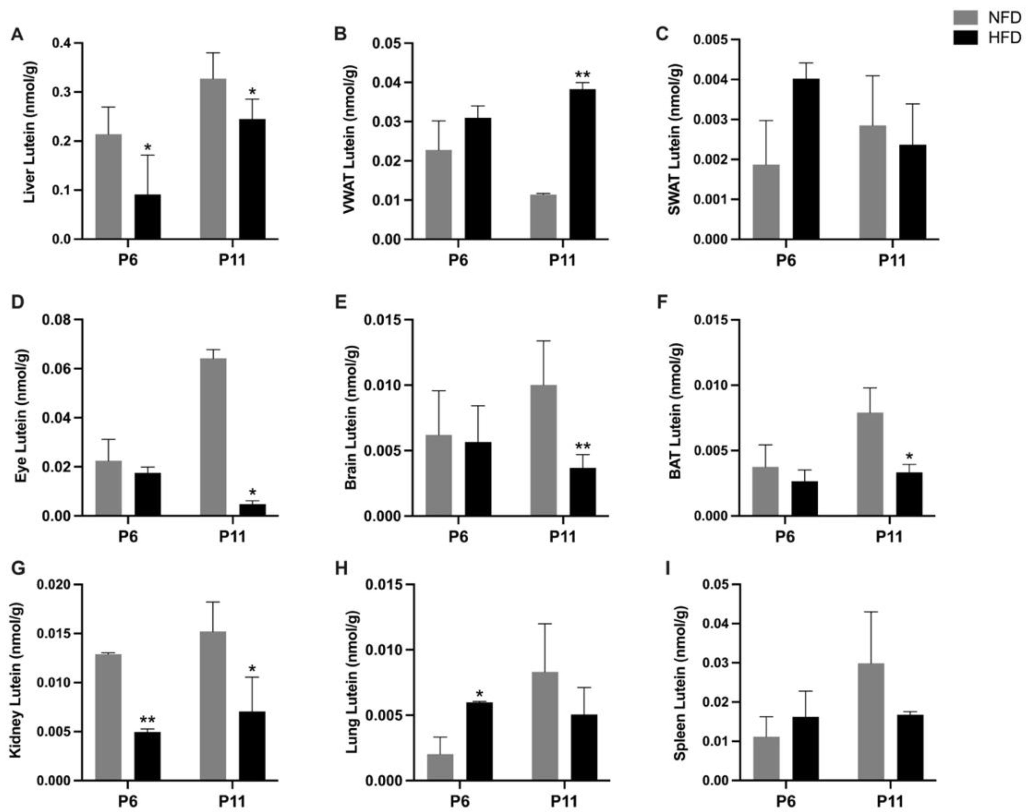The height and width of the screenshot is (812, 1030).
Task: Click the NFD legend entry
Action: pyautogui.click(x=987, y=18)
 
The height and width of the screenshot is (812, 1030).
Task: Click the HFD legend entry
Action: pyautogui.click(x=987, y=38)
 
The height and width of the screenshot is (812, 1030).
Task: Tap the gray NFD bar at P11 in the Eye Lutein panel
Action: pyautogui.click(x=213, y=437)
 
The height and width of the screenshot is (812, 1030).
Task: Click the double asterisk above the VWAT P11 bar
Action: pyautogui.click(x=582, y=75)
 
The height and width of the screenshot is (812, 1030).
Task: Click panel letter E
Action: pyautogui.click(x=341, y=302)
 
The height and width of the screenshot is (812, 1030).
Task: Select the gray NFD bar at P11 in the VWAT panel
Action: pyautogui.click(x=543, y=217)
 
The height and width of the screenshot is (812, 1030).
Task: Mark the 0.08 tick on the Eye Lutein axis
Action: pyautogui.click(x=57, y=320)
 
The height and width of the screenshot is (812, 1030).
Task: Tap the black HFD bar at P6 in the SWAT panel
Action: pyautogui.click(x=806, y=159)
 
